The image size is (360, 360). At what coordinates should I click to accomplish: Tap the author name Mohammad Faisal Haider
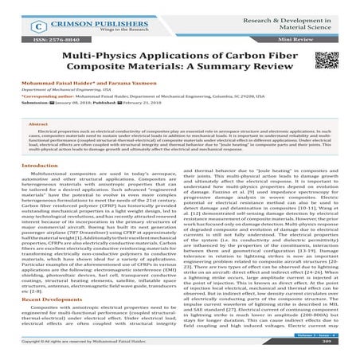53,106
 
